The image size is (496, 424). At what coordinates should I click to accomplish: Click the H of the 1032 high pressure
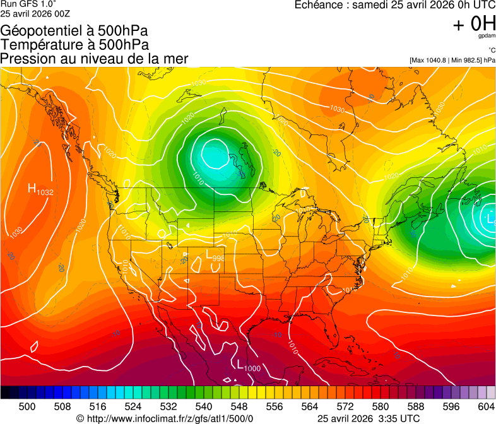coord(32,188)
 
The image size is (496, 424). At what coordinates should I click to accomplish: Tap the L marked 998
coord(210,254)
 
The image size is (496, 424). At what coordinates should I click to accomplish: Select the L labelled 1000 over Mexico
coord(240,363)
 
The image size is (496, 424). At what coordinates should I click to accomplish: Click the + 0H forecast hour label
coord(474,24)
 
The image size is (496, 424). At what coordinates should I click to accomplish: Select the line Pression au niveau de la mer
coord(94,59)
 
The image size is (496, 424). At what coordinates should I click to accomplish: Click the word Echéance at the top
coord(319,5)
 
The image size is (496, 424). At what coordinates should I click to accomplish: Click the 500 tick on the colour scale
coord(27,406)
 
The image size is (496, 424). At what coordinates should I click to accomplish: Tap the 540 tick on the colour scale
coord(204,406)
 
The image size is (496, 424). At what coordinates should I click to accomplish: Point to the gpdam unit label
coord(487,36)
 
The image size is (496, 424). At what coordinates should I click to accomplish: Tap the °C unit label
coord(491,50)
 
